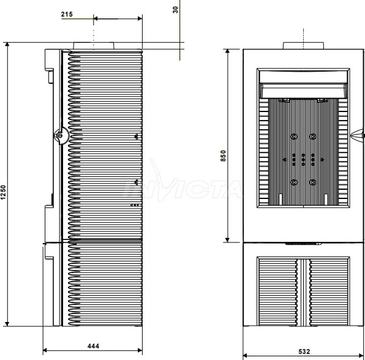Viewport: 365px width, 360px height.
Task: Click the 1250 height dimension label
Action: click(x=3, y=192)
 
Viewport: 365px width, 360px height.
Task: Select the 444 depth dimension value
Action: click(x=93, y=346)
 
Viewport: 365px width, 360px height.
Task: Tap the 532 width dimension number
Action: click(x=304, y=351)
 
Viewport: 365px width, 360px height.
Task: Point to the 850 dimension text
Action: click(x=223, y=156)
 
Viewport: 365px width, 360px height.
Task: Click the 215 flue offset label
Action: click(x=67, y=14)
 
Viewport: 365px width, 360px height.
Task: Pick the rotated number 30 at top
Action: click(x=176, y=10)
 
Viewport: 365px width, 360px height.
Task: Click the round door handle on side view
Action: click(x=61, y=135)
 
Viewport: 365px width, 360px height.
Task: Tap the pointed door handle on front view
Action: click(x=357, y=135)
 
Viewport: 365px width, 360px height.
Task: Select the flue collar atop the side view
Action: click(x=94, y=45)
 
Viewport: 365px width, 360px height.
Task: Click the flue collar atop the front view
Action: click(x=303, y=45)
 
